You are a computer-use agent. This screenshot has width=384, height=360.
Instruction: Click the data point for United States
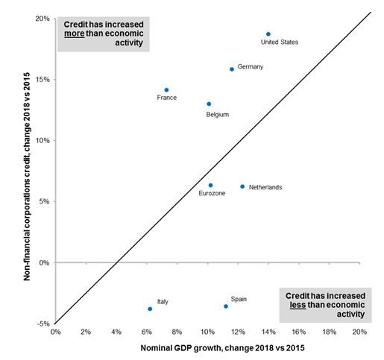point(268,34)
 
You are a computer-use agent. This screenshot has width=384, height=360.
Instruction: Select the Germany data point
point(232,69)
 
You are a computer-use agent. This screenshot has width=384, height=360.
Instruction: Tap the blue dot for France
point(166,90)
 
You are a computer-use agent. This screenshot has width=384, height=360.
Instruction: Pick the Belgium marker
point(209,104)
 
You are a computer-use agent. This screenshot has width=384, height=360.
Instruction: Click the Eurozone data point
point(210,186)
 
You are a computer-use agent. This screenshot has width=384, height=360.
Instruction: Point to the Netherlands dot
point(242,187)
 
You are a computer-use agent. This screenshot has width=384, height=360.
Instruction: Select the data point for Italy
point(150,309)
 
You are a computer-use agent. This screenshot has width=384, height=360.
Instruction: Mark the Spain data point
point(226,306)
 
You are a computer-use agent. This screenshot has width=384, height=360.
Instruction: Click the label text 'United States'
point(280,42)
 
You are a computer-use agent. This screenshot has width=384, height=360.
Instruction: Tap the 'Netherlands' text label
point(265,188)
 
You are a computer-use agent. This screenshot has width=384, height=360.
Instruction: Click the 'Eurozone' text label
point(212,194)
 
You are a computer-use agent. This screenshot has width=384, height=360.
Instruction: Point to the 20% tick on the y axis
point(43,19)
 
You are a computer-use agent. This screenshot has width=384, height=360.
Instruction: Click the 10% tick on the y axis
point(43,140)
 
